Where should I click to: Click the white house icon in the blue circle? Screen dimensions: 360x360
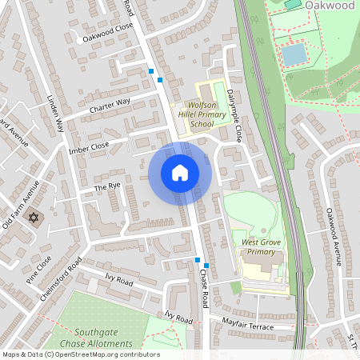coord(180,173)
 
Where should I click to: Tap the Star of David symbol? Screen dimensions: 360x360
coord(34,218)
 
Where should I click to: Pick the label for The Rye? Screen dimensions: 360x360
coord(106,186)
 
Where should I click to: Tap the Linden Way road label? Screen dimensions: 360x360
coord(55,114)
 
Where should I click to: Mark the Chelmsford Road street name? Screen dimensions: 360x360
coord(60,278)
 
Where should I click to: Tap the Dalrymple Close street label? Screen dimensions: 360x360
coord(234,115)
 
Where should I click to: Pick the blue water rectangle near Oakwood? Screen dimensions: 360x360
coord(294,54)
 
